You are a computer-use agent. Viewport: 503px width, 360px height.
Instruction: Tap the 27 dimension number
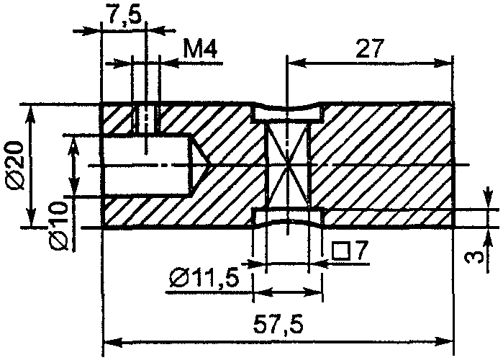tap(370, 48)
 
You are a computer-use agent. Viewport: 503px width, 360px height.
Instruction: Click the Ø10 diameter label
tap(59, 225)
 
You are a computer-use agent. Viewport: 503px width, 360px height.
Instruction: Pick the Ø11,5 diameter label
tap(205, 278)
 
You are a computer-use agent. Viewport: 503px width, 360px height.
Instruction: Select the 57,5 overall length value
tap(278, 324)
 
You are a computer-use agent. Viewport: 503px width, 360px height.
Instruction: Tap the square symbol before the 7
tap(340, 251)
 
